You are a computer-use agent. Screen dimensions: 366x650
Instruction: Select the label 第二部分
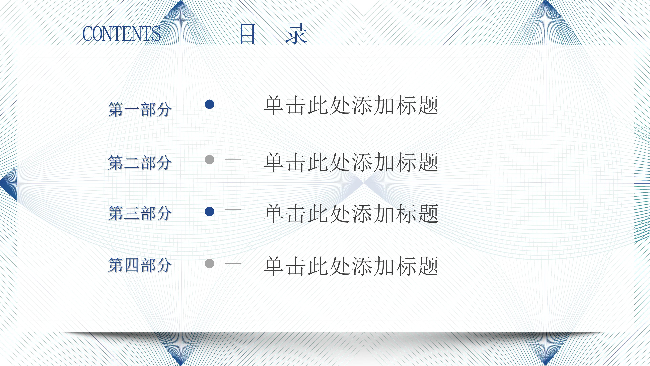(139, 162)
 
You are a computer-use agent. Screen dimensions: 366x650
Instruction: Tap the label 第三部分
(139, 213)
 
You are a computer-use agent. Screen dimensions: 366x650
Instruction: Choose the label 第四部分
(139, 265)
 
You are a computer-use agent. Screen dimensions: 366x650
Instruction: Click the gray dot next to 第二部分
(209, 160)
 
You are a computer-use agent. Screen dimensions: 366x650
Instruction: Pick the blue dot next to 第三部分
(209, 212)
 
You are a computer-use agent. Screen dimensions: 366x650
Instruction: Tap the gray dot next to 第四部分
(209, 263)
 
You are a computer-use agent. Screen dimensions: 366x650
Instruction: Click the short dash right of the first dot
(232, 104)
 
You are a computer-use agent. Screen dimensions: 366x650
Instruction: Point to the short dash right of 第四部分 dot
(232, 263)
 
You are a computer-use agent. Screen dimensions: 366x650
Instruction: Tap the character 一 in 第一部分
(132, 110)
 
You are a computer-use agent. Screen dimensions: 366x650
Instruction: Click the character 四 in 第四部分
(132, 265)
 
